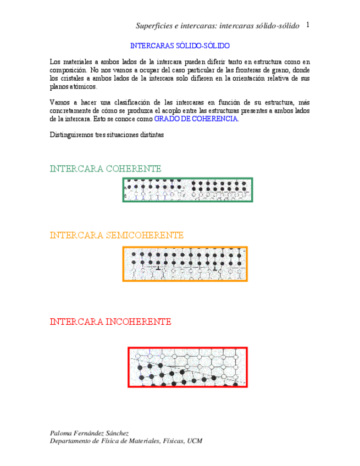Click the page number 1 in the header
click(308, 25)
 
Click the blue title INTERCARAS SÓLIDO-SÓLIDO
click(180, 46)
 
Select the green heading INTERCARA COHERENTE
click(106, 169)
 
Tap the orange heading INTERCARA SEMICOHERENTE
click(117, 235)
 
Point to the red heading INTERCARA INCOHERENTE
click(110, 321)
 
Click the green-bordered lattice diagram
click(187, 190)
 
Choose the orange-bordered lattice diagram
click(185, 264)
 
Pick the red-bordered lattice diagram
click(187, 367)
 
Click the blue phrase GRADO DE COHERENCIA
click(196, 119)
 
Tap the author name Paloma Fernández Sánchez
click(89, 433)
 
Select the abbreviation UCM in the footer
click(195, 441)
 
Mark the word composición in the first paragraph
click(68, 70)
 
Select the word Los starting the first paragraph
click(55, 62)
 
